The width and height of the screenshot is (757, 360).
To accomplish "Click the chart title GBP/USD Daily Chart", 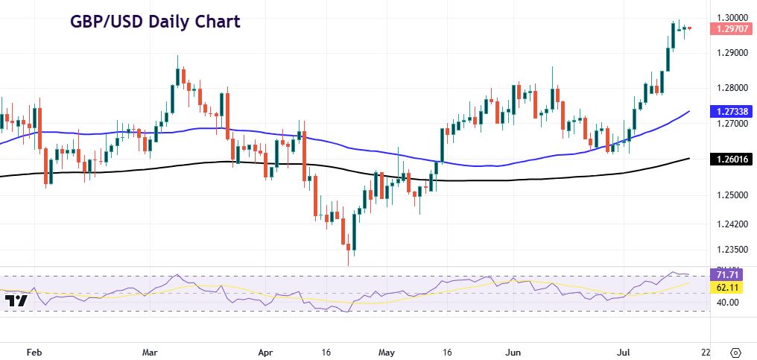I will click(155, 21).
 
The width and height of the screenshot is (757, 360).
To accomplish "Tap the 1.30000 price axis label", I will click(732, 17).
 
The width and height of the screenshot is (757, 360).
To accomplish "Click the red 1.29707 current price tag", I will click(732, 29).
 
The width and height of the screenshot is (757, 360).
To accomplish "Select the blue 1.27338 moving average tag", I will click(732, 111).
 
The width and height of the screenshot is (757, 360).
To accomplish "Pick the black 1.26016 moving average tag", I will click(732, 159).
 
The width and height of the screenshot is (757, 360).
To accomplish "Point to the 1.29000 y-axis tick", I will click(732, 54).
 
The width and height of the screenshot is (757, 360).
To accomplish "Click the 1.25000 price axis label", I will click(732, 195).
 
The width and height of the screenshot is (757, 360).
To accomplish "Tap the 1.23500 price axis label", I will click(732, 250).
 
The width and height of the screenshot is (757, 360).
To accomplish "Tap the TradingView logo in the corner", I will click(16, 300).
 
